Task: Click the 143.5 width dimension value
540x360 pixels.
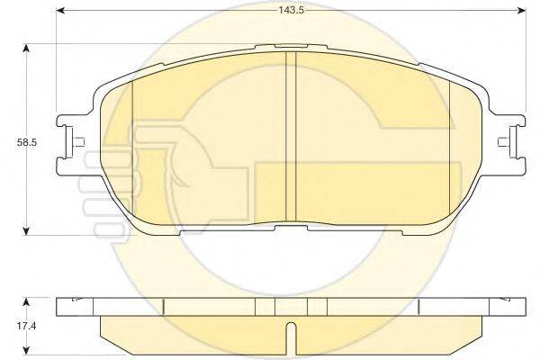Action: point(291,10)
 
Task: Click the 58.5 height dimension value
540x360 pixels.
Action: point(26,142)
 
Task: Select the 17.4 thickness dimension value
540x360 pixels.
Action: point(26,326)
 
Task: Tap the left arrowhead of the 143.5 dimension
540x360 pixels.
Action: point(60,11)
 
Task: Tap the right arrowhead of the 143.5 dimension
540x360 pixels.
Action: point(522,11)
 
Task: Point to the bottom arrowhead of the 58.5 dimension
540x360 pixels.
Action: point(25,230)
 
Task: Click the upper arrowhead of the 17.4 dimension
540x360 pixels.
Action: point(25,302)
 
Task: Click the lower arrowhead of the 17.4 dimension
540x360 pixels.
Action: point(25,350)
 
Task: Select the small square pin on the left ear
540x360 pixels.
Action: point(79,142)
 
